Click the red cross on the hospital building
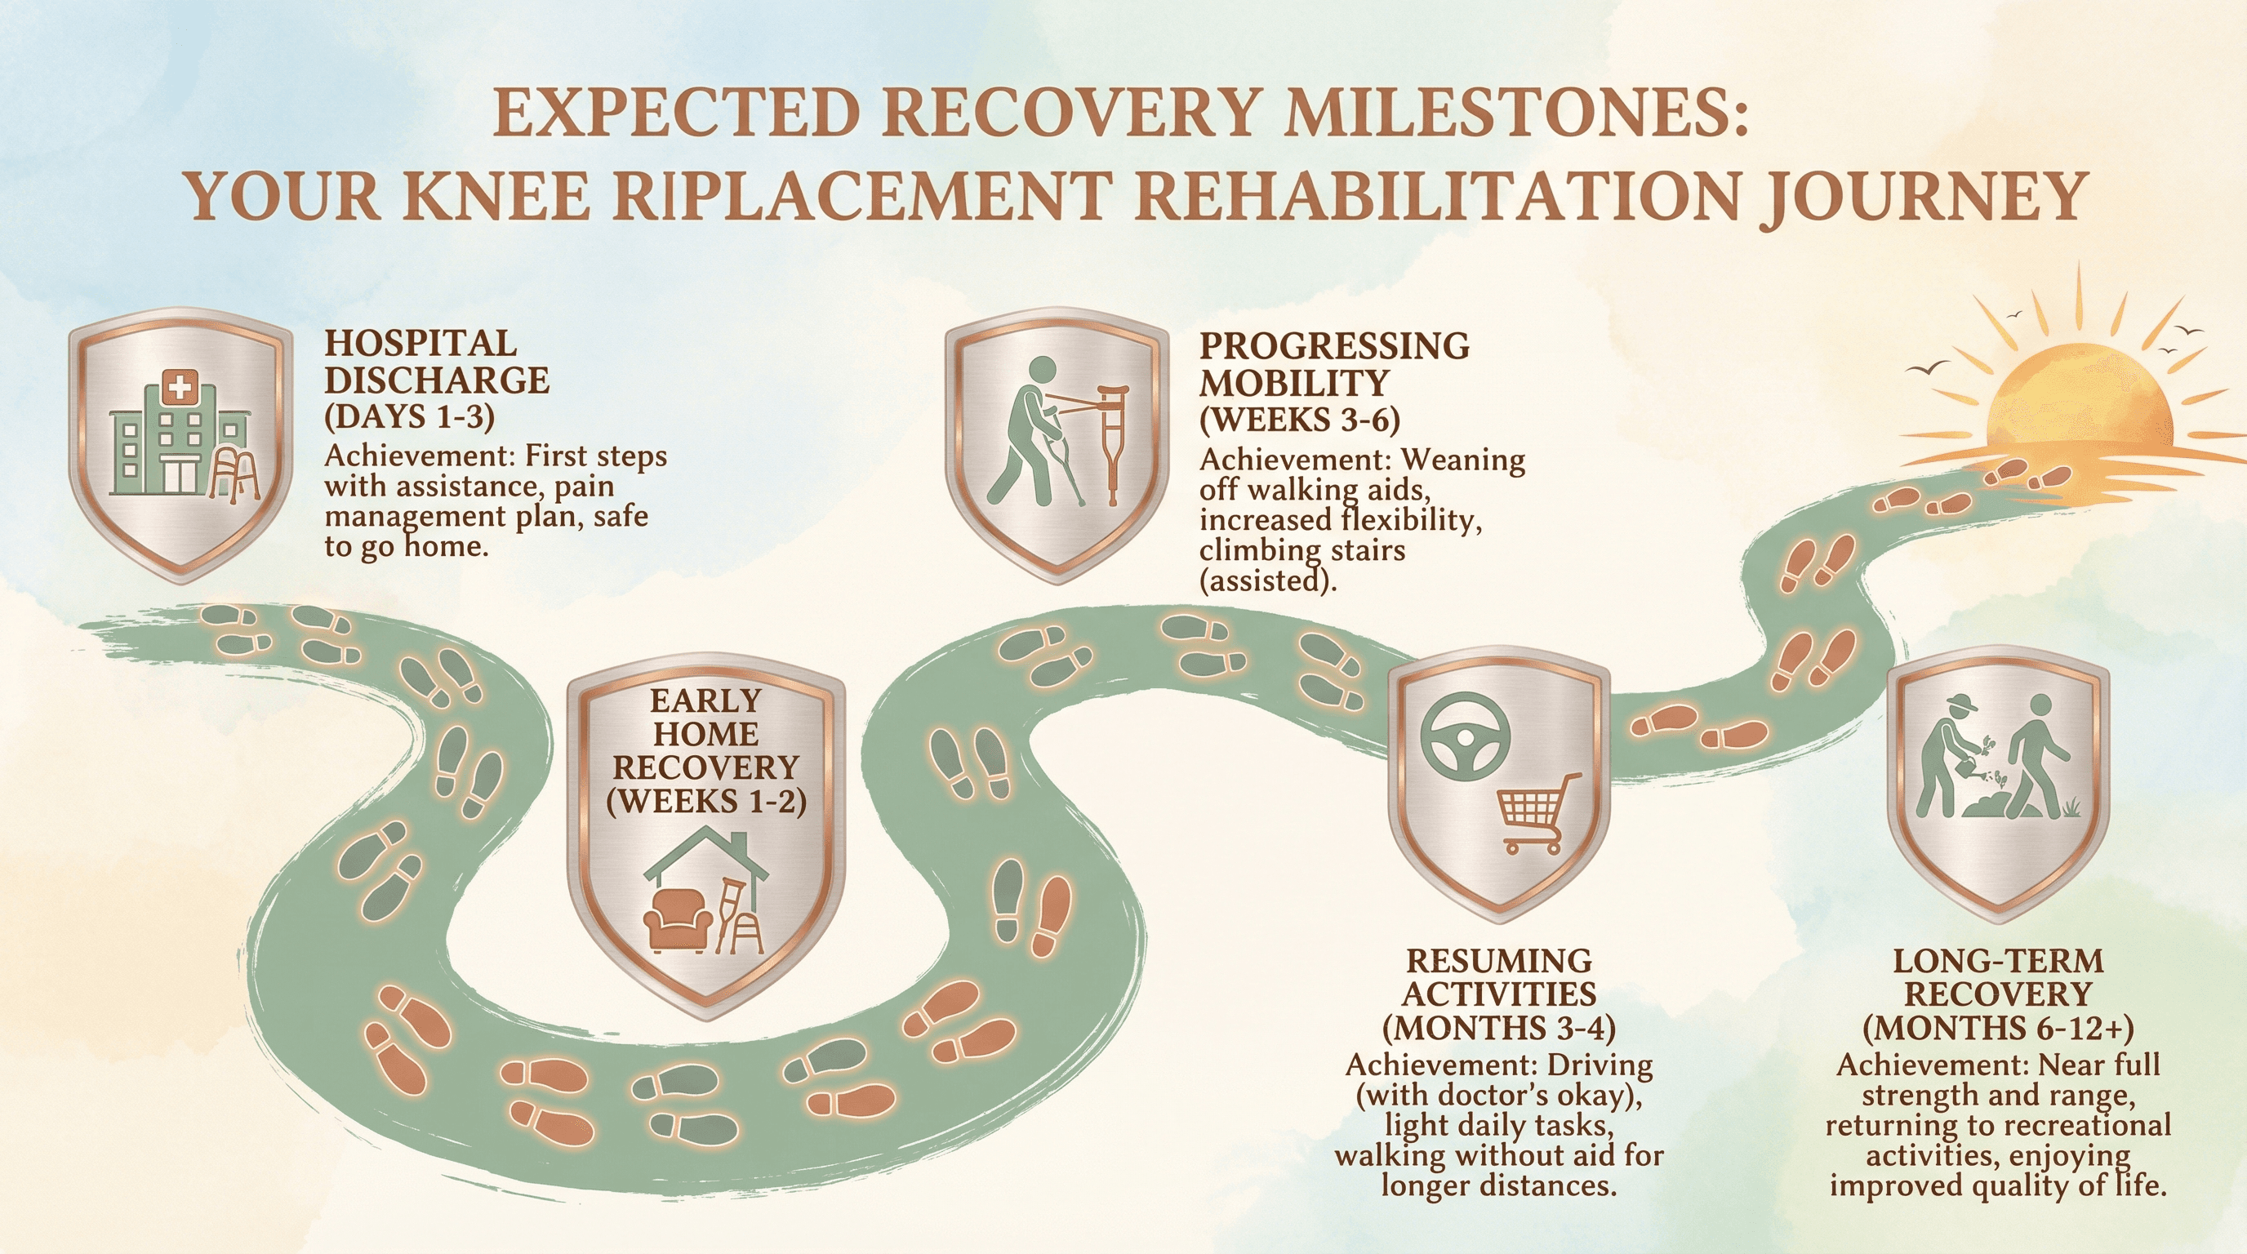180,385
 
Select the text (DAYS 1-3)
409,418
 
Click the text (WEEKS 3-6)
1300,421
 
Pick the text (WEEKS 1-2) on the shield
705,801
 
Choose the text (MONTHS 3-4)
1498,1029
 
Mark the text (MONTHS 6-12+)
1997,1029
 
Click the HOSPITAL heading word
420,343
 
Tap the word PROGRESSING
1333,346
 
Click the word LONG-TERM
1997,961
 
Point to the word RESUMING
1498,961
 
